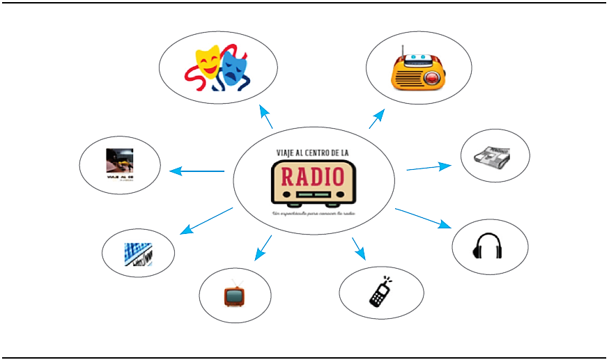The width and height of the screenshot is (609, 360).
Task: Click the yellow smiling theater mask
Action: [207, 61]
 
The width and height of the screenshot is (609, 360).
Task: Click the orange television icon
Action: [233, 295]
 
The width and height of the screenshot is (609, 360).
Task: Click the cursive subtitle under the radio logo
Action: [313, 213]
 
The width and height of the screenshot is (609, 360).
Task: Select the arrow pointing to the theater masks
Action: [265, 117]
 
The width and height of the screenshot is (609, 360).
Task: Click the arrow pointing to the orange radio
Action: [376, 119]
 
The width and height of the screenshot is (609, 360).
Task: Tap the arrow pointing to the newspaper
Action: [429, 167]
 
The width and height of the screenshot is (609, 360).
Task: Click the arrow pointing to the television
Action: [263, 248]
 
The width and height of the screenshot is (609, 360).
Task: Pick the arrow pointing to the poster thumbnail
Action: [197, 171]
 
